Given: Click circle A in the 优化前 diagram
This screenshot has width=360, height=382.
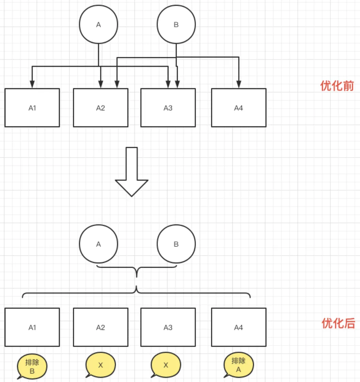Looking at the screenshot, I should pos(98,25).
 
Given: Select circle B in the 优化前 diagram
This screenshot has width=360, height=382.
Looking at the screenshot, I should pos(176,25).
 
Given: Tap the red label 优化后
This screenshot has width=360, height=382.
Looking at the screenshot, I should pos(338,323).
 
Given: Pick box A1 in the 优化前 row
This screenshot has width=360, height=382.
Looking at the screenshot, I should pos(32,108).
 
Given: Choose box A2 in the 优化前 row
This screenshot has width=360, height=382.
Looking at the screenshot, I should pos(101,108).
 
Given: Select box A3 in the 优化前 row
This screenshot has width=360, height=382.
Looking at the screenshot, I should pos(168,108).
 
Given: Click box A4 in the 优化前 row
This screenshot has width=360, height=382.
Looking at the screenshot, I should pos(239,108).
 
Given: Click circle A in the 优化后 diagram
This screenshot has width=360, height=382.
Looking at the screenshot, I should pos(98,244).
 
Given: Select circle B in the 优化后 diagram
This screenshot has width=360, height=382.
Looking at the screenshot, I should pos(176,244).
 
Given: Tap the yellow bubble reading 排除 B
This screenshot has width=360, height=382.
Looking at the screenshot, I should pos(32,367).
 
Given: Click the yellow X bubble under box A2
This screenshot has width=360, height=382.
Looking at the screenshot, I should pos(100,365).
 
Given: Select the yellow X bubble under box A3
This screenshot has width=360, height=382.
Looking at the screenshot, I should pos(166,365).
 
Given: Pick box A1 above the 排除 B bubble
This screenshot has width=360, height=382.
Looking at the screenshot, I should pos(32,327).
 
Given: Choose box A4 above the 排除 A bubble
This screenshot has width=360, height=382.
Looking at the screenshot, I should pos(239,327).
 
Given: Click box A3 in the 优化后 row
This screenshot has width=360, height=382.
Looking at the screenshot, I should pos(168,327).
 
